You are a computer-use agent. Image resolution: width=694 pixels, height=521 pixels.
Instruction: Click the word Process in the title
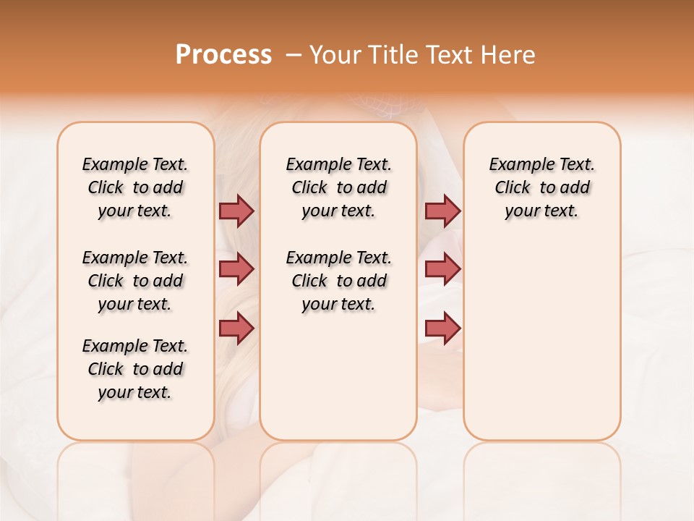click(x=223, y=54)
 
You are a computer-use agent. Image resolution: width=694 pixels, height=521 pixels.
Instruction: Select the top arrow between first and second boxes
click(x=236, y=211)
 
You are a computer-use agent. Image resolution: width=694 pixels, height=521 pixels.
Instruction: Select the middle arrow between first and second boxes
click(x=236, y=269)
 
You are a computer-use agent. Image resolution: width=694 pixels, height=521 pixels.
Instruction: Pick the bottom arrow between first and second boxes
click(x=236, y=329)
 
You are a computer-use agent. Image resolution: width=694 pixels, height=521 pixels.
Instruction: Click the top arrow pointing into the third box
click(x=442, y=211)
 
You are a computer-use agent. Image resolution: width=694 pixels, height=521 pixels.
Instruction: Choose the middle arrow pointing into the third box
click(x=442, y=269)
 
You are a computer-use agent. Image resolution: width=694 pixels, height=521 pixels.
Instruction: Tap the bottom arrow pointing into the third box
click(x=442, y=329)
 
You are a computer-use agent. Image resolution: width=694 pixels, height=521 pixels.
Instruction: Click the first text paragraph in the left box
click(x=135, y=187)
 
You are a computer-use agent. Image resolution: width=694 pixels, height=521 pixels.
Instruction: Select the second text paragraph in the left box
click(x=135, y=281)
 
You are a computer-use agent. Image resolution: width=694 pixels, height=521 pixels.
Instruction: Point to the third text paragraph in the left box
click(x=135, y=369)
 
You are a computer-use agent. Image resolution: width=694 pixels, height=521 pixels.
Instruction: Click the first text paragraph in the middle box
click(x=338, y=187)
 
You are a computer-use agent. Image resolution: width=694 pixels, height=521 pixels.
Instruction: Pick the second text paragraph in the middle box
click(x=338, y=281)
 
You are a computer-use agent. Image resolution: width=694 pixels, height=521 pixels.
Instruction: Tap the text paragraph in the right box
click(x=541, y=187)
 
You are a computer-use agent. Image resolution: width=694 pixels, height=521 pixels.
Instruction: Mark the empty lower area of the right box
click(x=541, y=340)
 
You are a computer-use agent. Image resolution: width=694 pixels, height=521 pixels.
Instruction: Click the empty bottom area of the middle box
click(x=338, y=384)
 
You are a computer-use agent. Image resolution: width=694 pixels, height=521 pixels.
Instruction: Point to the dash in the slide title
click(x=294, y=55)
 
